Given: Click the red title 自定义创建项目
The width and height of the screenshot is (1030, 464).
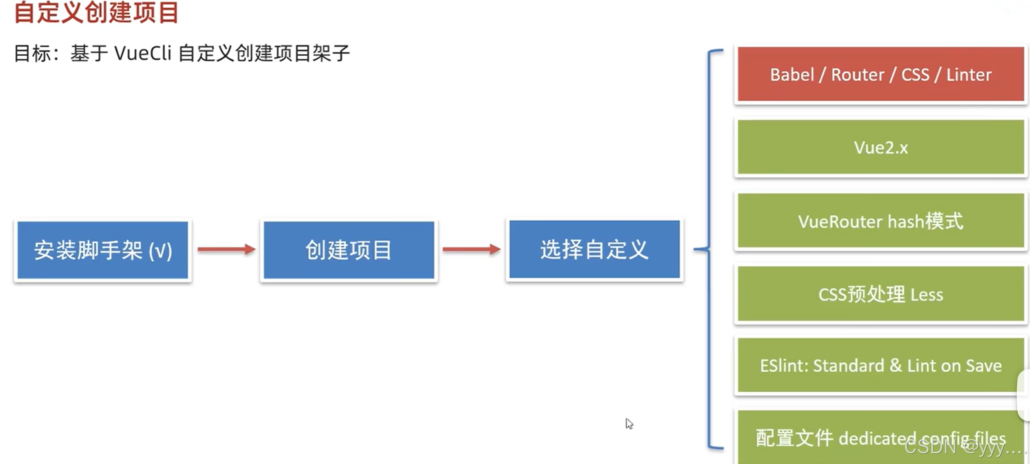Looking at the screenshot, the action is [x=96, y=12].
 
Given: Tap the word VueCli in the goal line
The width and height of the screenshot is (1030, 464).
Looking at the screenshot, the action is [x=143, y=54].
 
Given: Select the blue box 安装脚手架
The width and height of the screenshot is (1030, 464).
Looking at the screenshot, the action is [x=103, y=250].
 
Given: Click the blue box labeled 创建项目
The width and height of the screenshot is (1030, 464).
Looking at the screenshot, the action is [x=349, y=250].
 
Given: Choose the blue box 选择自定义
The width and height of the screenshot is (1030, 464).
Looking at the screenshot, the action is [x=595, y=249].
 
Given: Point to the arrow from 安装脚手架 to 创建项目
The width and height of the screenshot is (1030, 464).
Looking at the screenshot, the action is [x=226, y=249].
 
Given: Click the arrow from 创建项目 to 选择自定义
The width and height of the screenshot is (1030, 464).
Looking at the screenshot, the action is [x=471, y=249].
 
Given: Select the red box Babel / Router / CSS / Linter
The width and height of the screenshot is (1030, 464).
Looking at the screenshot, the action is [x=881, y=74].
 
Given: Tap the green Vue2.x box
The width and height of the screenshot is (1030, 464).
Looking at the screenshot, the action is [x=881, y=147].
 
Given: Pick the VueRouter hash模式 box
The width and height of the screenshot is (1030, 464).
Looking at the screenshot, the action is [x=881, y=220].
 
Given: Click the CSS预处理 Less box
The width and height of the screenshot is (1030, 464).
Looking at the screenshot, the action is [x=881, y=293].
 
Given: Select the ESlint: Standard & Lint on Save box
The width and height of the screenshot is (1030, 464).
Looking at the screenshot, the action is [x=881, y=365].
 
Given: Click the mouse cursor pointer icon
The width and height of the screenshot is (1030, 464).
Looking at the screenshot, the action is [x=629, y=424].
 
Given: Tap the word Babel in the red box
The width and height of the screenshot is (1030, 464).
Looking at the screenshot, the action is [x=792, y=75].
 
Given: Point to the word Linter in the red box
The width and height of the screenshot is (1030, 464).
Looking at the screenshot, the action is [x=969, y=75].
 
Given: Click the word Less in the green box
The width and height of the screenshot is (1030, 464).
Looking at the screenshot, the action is [x=927, y=294].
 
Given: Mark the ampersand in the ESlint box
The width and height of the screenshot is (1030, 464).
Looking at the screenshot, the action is [x=896, y=365].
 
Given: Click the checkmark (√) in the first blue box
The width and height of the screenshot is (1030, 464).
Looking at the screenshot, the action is [x=160, y=251].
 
